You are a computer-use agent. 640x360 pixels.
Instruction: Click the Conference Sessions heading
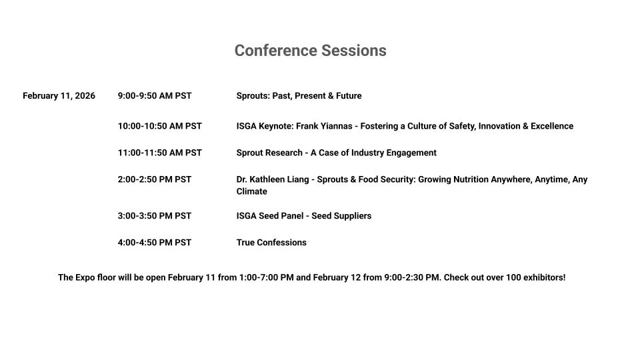(310, 51)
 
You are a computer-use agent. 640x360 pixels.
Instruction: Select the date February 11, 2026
(59, 96)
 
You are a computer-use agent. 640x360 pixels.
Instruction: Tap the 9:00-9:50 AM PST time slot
(155, 96)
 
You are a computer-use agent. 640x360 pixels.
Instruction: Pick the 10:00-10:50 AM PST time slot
(160, 126)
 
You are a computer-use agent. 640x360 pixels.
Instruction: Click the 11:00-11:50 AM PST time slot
(160, 153)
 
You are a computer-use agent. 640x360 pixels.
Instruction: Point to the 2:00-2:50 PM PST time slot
(155, 179)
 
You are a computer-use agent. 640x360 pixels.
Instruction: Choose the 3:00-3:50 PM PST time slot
(155, 216)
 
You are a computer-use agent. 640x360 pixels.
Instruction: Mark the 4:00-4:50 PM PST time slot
(155, 243)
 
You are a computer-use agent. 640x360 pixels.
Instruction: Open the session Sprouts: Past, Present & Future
(299, 96)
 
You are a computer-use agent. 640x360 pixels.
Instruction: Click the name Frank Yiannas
(324, 126)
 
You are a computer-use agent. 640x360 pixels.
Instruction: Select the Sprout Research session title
(336, 153)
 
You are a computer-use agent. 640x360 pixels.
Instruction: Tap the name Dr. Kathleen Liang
(273, 179)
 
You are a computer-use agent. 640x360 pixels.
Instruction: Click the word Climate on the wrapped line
(252, 191)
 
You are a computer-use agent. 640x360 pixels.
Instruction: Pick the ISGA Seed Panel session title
(304, 216)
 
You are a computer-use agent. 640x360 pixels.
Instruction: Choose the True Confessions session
(271, 243)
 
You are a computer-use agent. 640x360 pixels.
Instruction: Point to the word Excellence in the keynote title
(552, 126)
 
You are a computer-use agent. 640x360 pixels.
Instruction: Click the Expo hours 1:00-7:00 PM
(266, 277)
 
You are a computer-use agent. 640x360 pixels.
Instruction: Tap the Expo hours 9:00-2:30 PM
(412, 277)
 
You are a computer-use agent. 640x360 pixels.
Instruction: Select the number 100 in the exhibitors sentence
(513, 277)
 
